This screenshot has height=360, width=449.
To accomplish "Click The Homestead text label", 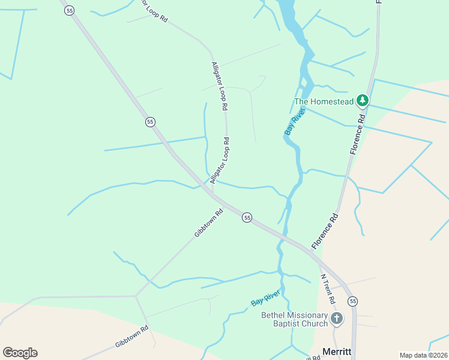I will click(323, 101).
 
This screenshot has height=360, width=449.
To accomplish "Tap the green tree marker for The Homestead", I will click(362, 100).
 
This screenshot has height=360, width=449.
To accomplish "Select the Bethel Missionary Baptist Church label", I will click(295, 319).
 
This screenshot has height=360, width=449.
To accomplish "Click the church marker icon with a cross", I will click(337, 318).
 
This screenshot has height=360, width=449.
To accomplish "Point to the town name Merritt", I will click(336, 351).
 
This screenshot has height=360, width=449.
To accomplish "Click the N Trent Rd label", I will click(328, 289).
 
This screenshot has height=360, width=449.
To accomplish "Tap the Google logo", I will click(20, 353).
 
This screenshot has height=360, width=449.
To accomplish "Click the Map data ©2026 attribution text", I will click(423, 355).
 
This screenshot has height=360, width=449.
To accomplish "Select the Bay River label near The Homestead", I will click(295, 121).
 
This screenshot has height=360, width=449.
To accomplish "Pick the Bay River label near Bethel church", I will click(265, 298).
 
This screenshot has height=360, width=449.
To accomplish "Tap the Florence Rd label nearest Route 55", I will click(325, 229).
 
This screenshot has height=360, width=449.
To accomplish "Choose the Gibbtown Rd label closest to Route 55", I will click(209, 223).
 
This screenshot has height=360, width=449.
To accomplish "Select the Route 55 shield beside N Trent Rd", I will click(352, 301).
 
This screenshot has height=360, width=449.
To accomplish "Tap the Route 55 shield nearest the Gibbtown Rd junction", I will click(247, 217).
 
